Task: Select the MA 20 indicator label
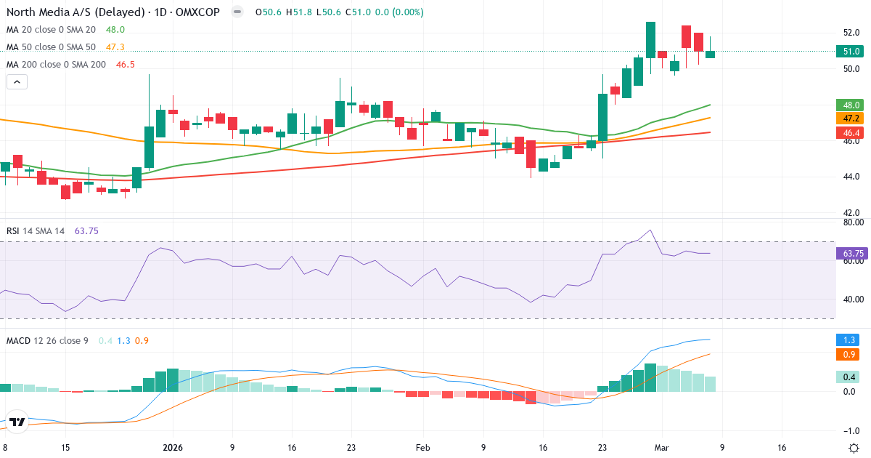[x=51, y=30]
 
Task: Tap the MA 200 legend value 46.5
[x=126, y=65]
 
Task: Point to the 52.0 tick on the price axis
[x=851, y=33]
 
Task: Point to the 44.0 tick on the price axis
[x=851, y=177]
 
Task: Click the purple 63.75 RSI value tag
[x=852, y=254]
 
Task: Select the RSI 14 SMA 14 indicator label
[x=36, y=231]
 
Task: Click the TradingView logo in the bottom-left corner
[x=17, y=422]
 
